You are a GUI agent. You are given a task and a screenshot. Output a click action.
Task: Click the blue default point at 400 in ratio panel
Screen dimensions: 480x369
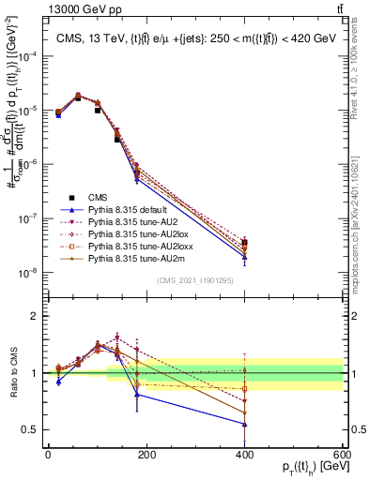click(x=245, y=424)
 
